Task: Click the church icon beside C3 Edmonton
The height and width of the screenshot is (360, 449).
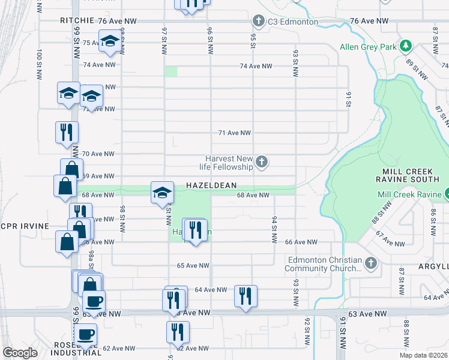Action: tap(259, 22)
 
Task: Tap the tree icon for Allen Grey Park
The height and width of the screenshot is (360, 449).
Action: tap(406, 46)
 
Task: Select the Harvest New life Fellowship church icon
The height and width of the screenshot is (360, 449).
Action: tap(261, 161)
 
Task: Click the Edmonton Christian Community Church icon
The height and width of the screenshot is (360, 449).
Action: tap(371, 263)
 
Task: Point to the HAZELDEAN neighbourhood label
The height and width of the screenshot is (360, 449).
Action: tap(211, 185)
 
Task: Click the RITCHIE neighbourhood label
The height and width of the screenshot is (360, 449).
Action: tap(77, 20)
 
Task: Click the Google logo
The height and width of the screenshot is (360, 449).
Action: tap(20, 353)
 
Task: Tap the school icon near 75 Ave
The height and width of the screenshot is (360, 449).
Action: tap(109, 42)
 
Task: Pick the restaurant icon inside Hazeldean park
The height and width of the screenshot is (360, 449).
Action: tap(195, 230)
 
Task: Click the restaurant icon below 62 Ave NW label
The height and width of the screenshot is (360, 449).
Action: tap(178, 331)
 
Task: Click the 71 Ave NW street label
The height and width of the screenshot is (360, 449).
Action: tap(234, 133)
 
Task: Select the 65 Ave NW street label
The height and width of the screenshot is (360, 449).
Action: tap(192, 265)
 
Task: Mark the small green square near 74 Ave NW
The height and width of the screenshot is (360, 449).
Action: tap(171, 71)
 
